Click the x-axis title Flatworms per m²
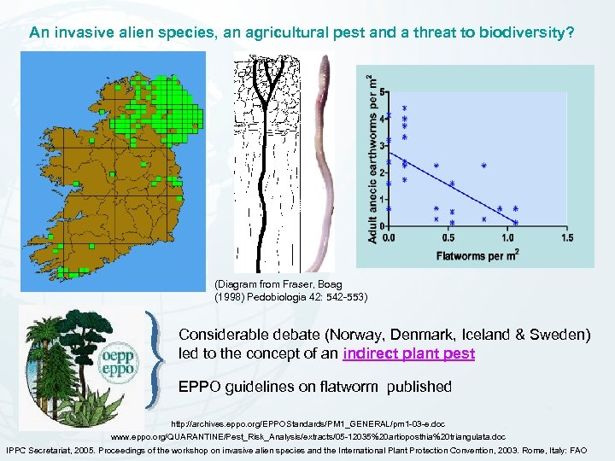coord(477,254)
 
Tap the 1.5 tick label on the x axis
coord(567,238)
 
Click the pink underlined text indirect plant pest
coord(408,353)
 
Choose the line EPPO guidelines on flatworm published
coord(314,387)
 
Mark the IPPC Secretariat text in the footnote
coord(43,449)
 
